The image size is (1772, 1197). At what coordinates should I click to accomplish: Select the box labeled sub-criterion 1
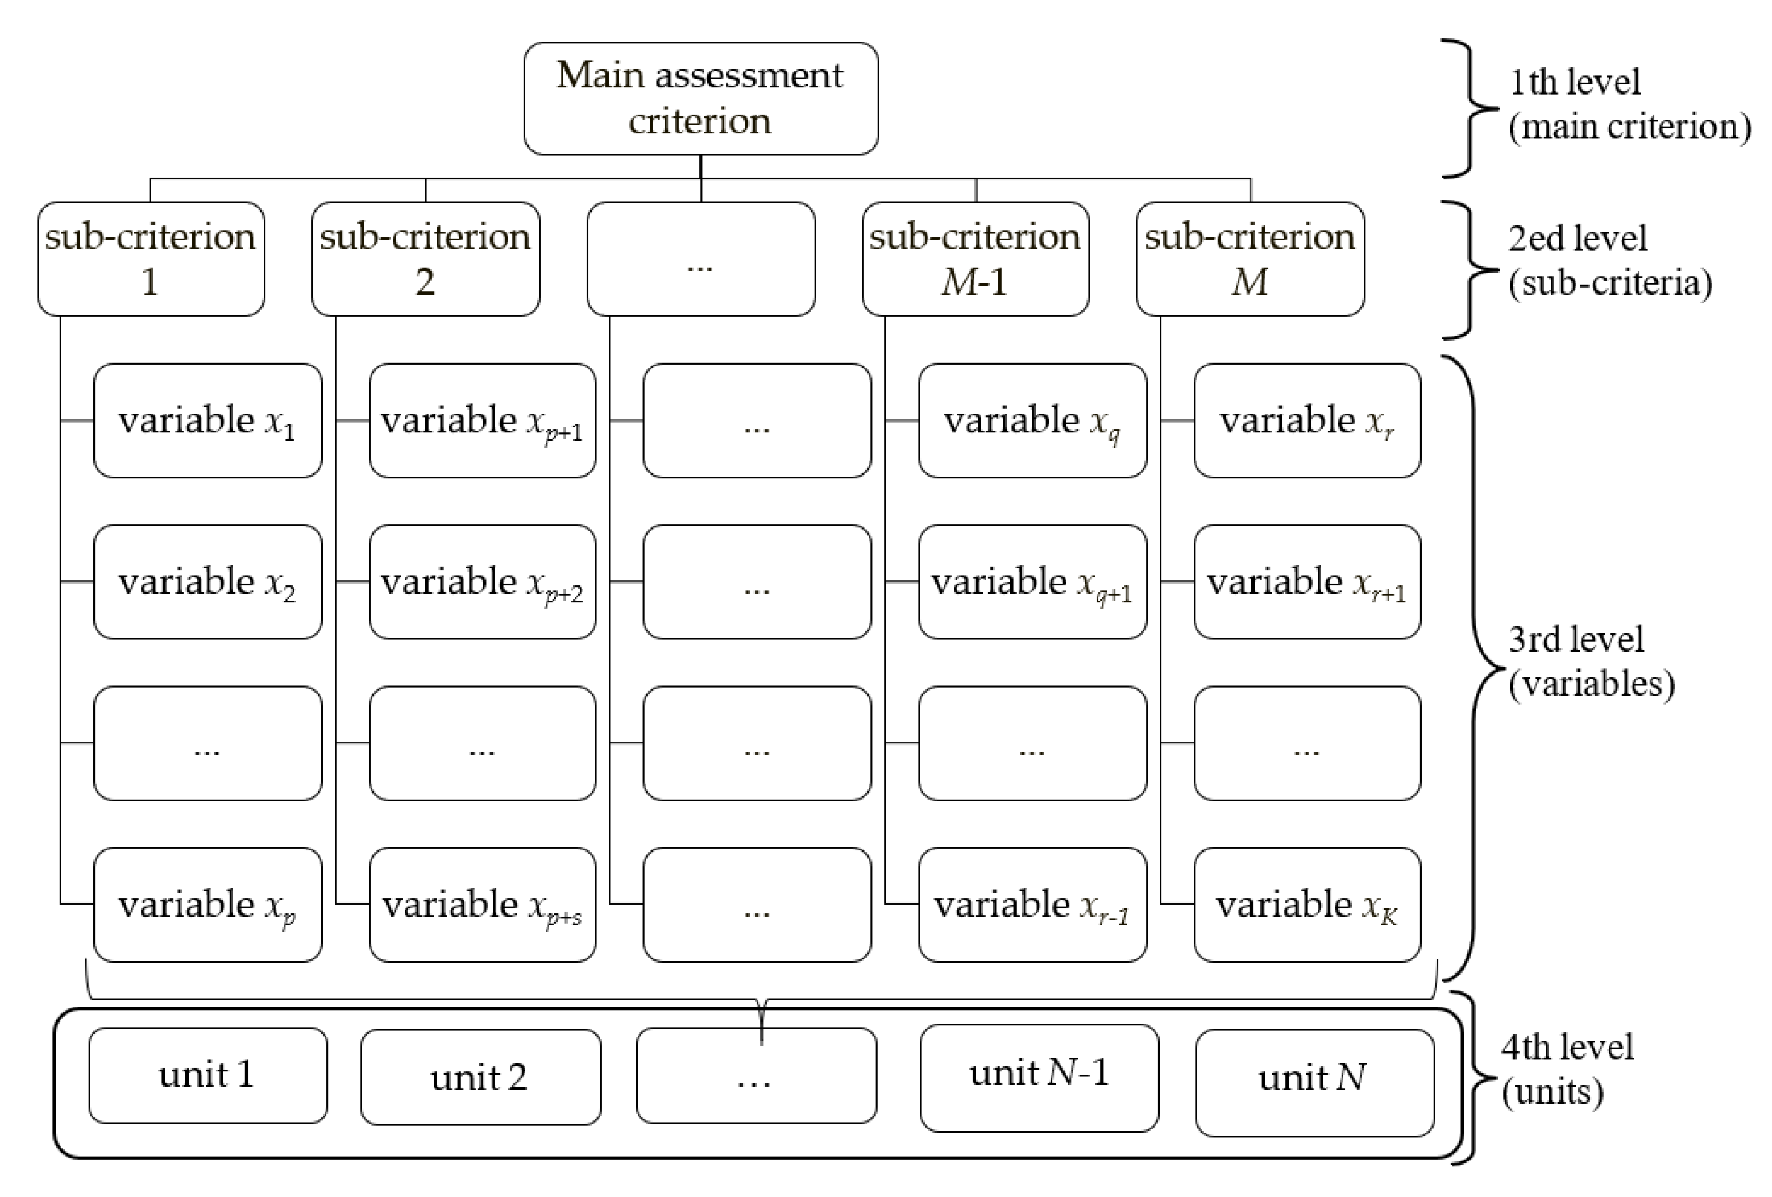[151, 259]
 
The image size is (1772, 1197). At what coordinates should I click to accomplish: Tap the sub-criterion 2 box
[425, 259]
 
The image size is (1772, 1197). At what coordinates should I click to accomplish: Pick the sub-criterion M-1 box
[975, 259]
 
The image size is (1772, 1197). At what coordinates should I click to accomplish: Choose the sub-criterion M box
[1250, 259]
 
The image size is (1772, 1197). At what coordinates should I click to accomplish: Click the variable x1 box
[207, 420]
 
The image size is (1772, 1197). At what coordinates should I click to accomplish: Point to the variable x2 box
[207, 582]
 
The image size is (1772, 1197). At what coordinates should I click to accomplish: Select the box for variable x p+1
[482, 420]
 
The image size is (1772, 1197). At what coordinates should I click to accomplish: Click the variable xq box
[1032, 420]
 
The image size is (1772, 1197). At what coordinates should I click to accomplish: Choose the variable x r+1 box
[1307, 582]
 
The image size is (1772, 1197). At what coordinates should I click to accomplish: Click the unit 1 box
[207, 1075]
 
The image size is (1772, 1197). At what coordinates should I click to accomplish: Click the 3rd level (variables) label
[1590, 661]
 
